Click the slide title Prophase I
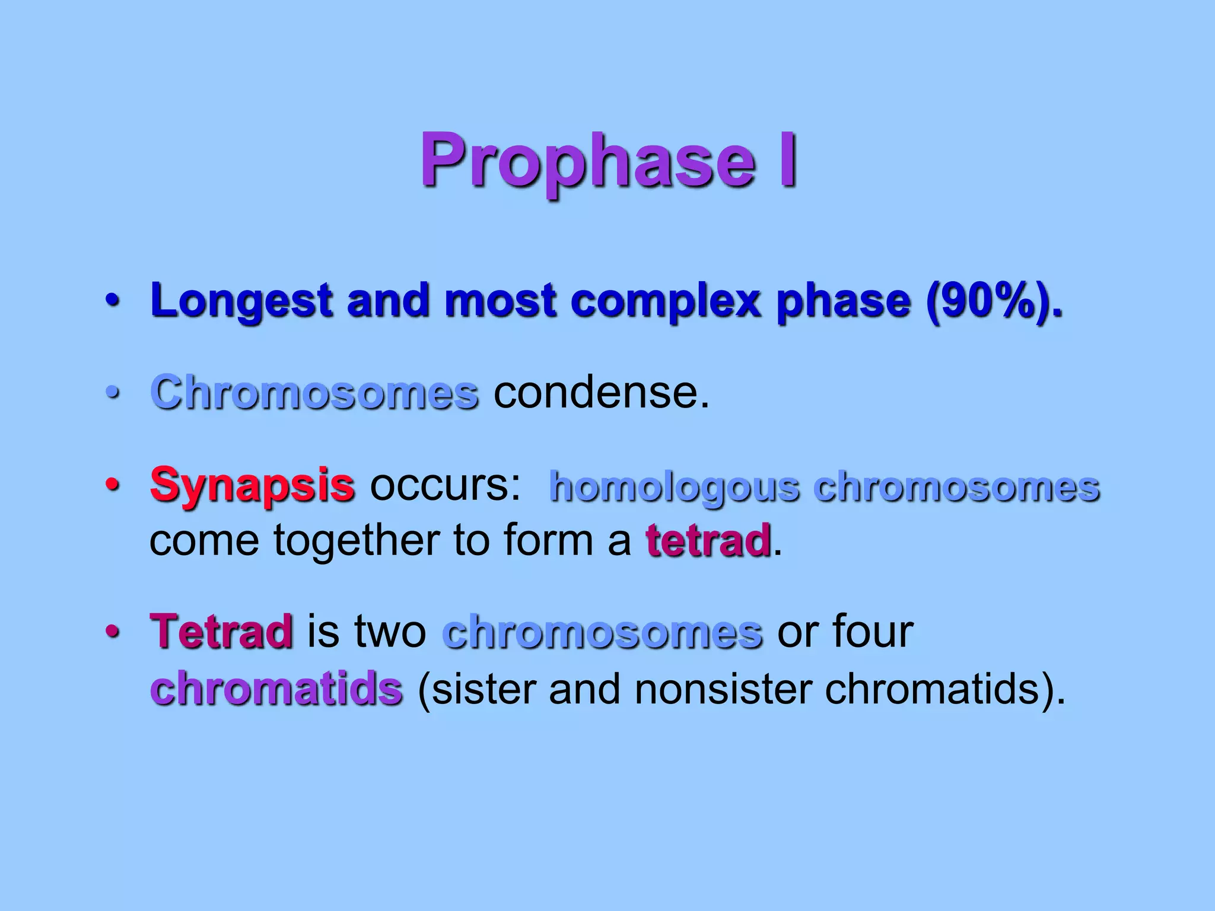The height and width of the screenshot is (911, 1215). (x=609, y=161)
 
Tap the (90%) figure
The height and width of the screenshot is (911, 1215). (x=994, y=301)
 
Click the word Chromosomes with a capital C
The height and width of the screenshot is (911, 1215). (x=314, y=393)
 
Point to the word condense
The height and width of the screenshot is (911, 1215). (x=601, y=393)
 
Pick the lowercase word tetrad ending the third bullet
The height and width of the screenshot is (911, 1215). (x=708, y=541)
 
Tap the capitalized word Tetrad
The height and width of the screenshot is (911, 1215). (x=221, y=632)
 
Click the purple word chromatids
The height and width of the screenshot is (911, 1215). (x=276, y=689)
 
